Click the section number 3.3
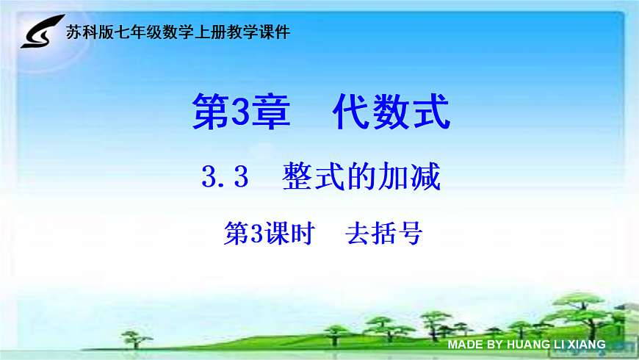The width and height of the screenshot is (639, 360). coord(225,178)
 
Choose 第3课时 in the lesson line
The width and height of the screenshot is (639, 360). coord(269,234)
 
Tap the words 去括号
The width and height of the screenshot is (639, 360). coord(383,234)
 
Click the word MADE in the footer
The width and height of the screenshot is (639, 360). coord(465,344)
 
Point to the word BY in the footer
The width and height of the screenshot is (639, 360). coord(494,344)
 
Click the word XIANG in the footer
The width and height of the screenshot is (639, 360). coord(585,344)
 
